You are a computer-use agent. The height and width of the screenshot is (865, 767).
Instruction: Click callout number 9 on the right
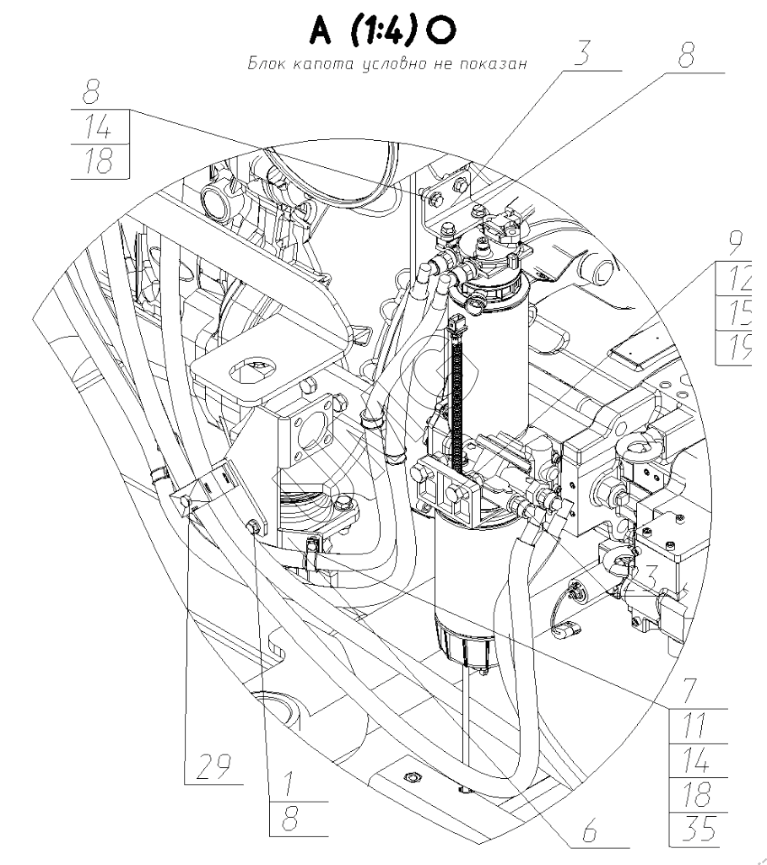[736, 245]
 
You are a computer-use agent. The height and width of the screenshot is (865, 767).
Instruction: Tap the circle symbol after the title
[441, 32]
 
